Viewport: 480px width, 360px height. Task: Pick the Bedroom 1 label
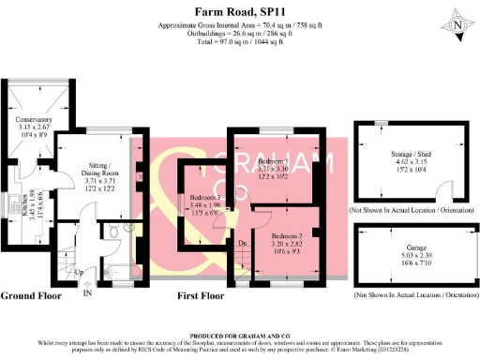coord(273,162)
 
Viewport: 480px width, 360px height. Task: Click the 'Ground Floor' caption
coord(31,295)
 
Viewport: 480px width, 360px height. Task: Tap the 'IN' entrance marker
coord(87,293)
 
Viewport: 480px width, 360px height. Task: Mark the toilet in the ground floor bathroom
coord(113,232)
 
